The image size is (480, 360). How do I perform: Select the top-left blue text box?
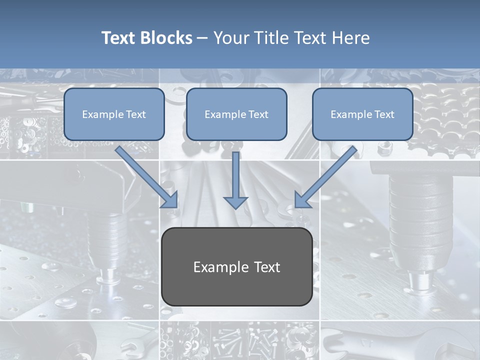point(114,114)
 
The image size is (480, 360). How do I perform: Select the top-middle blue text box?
point(236,114)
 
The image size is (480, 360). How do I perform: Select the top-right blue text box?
point(362,114)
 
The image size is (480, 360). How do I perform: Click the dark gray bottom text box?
point(237,267)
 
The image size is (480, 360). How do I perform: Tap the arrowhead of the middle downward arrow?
point(235,202)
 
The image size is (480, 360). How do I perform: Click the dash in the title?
point(202,38)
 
